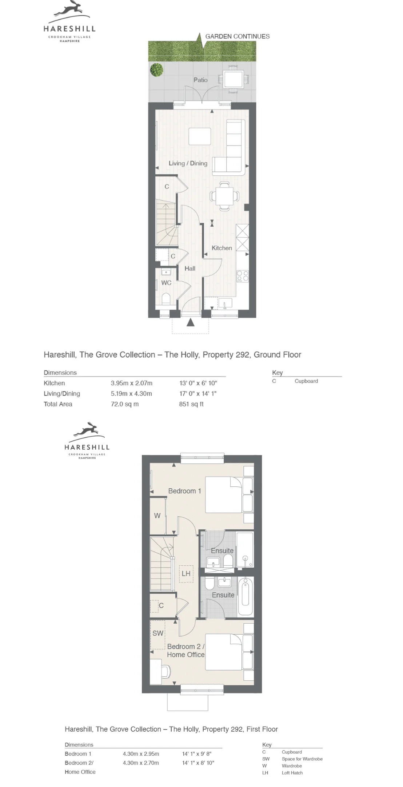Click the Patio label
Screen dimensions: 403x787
click(200, 80)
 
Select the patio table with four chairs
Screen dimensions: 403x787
click(234, 79)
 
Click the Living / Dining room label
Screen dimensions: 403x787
click(188, 163)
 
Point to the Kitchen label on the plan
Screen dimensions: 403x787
click(222, 248)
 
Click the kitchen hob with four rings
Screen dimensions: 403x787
click(243, 276)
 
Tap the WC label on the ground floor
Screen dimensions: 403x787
click(166, 283)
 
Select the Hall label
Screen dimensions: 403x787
click(190, 269)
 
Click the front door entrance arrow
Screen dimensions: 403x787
click(191, 322)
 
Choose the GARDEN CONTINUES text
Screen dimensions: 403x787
click(238, 36)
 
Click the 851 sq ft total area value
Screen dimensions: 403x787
click(191, 404)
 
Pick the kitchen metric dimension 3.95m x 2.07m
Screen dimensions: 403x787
click(132, 383)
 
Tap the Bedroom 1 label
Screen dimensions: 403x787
click(184, 491)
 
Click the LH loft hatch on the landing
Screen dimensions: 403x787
click(186, 574)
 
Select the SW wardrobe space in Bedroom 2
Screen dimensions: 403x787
click(158, 635)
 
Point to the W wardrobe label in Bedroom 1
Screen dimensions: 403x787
click(157, 516)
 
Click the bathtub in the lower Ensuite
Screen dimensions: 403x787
click(246, 596)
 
